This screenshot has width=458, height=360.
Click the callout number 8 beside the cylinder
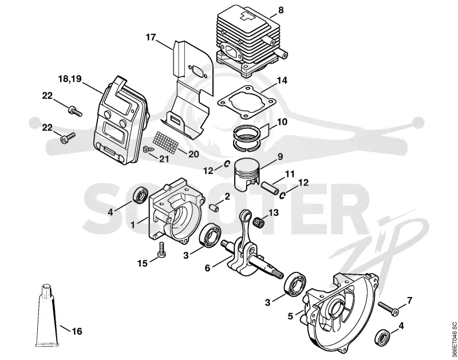click(281, 10)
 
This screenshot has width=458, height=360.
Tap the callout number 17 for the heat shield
click(151, 37)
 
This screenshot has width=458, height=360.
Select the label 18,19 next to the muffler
click(70, 79)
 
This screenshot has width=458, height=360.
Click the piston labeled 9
click(247, 175)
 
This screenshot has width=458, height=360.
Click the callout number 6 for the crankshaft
click(207, 268)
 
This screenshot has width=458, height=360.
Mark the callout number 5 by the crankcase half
click(290, 316)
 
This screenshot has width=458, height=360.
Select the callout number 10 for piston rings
click(282, 121)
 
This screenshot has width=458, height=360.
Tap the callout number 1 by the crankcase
click(133, 225)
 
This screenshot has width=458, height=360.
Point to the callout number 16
click(77, 331)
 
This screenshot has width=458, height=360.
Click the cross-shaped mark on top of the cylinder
click(247, 16)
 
